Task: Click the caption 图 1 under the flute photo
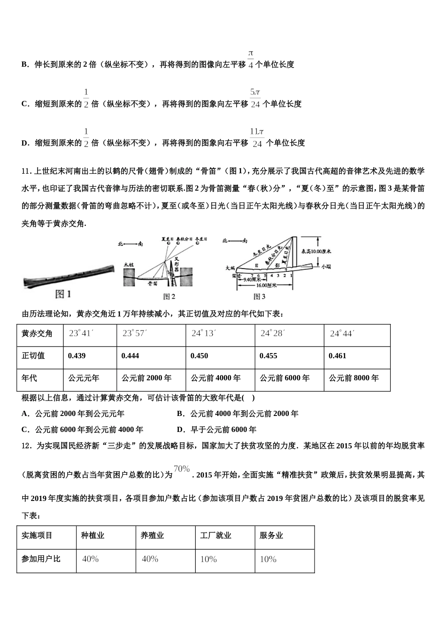63,294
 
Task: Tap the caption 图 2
169,296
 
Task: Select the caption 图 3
260,296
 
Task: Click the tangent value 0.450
200,355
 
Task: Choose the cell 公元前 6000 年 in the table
285,378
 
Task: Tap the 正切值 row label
33,355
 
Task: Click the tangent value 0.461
338,355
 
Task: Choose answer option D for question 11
216,429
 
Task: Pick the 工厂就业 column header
215,536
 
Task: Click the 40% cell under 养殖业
150,559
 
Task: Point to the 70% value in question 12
182,469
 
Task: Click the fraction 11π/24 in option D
256,138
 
